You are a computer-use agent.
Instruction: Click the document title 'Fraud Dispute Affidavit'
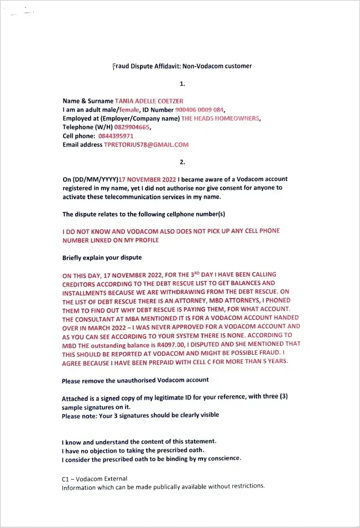(x=182, y=66)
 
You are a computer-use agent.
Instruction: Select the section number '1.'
(x=182, y=84)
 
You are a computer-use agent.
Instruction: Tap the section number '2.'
(x=182, y=162)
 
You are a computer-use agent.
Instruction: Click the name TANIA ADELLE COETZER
(x=149, y=101)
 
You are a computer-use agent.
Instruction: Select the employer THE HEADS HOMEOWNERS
(x=220, y=118)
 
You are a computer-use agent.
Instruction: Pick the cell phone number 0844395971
(x=116, y=136)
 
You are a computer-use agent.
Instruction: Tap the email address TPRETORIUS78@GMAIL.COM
(x=146, y=144)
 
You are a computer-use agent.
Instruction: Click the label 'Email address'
(x=82, y=144)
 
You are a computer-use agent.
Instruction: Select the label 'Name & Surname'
(x=88, y=101)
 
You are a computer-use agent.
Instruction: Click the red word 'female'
(x=129, y=110)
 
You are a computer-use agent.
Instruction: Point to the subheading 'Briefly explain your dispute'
(x=102, y=258)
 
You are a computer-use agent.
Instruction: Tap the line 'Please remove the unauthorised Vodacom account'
(x=135, y=380)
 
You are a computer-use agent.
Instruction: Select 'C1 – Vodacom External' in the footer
(x=95, y=478)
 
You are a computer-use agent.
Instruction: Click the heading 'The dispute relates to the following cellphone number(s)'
(x=144, y=214)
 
